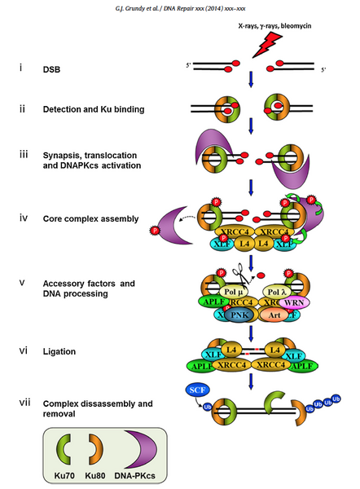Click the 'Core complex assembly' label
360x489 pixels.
tap(90, 219)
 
